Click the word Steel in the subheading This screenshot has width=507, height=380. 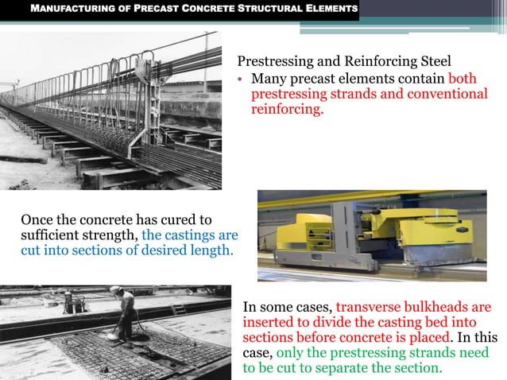point(434,61)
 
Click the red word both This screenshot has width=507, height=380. point(463,79)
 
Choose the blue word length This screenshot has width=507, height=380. point(211,250)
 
